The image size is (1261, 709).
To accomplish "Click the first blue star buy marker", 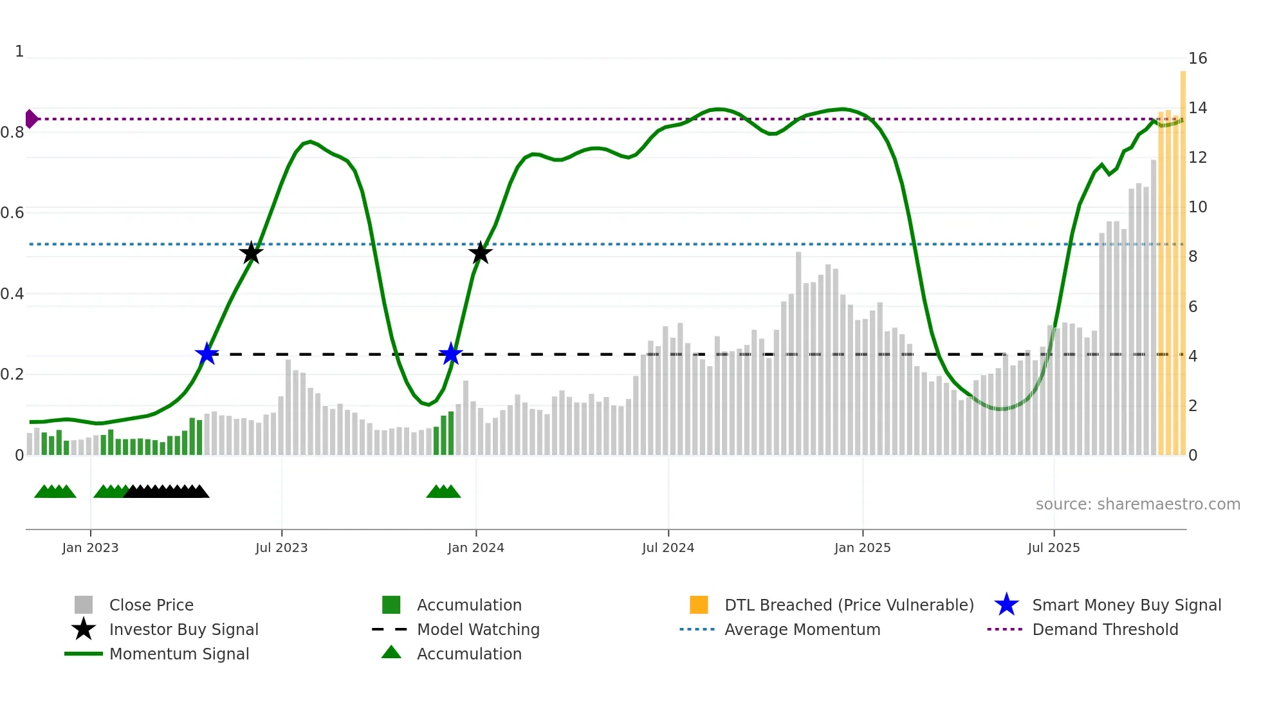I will tap(207, 354).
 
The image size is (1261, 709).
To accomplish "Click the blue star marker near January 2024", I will tap(451, 354).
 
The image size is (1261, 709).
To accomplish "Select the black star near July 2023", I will tap(251, 253).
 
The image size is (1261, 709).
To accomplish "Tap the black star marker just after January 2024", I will tap(480, 253).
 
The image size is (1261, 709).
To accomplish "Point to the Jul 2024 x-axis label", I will tap(668, 548).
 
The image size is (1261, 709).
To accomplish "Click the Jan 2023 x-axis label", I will tap(90, 548).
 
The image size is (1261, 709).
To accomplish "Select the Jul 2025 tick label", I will tap(1053, 548).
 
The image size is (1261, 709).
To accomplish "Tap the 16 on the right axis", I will tap(1197, 59).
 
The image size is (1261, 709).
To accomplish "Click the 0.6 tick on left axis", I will tap(12, 213).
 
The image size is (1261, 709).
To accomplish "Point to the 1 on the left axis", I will tap(19, 51).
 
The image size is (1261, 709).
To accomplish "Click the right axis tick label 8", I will tap(1193, 257).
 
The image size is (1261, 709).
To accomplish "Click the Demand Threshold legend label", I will tap(1105, 629).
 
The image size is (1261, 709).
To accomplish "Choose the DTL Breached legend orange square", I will tap(699, 605).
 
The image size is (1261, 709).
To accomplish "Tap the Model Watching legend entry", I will tap(477, 629).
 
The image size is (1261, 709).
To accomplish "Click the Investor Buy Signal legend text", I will tap(183, 629).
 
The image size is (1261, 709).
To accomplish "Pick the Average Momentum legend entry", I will tap(802, 629).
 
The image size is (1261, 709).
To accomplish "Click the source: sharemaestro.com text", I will tap(1137, 504).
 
